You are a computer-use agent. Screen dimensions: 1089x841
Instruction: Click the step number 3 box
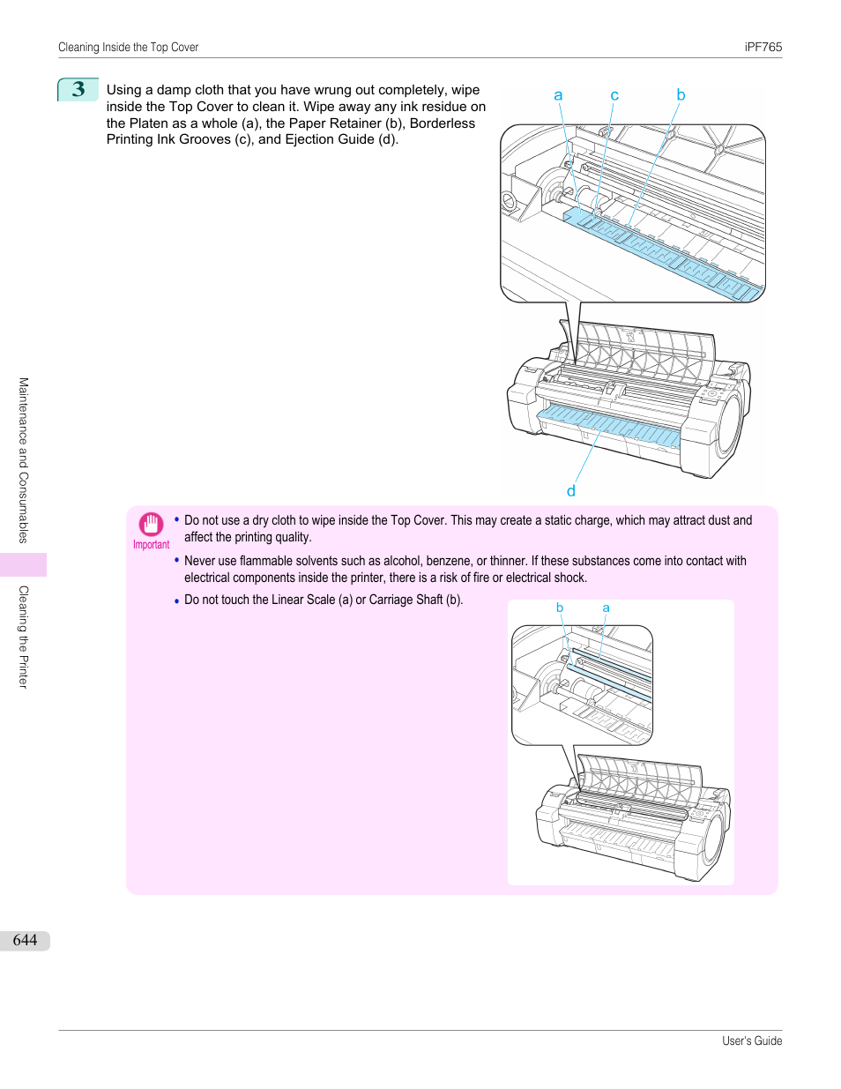coord(78,89)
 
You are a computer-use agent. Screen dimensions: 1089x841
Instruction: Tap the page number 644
coord(25,940)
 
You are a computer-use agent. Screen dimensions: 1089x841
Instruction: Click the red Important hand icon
coord(151,524)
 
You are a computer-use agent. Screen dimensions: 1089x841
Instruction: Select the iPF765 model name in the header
coord(763,48)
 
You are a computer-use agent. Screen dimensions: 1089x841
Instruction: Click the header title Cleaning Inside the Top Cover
coord(128,48)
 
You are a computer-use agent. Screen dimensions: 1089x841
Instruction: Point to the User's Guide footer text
coord(751,1041)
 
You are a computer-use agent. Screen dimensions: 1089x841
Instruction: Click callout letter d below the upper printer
coord(571,491)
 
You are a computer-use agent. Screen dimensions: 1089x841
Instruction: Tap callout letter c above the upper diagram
coord(614,95)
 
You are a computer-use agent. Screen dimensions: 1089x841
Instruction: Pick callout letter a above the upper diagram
coord(558,95)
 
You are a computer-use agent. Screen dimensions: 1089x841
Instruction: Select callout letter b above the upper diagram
coord(681,94)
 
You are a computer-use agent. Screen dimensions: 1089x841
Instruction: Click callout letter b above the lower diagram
coord(560,608)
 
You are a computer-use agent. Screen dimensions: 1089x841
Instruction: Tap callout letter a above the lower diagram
coord(606,608)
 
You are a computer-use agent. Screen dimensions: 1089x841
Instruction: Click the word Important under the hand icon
coord(151,545)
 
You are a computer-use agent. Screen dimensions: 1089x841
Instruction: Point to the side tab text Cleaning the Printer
coord(24,636)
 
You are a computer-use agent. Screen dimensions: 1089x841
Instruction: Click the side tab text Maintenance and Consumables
coord(24,459)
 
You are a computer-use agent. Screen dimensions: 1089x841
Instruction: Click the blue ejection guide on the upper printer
coord(608,424)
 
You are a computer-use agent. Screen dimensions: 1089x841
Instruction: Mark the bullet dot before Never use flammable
coord(176,560)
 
